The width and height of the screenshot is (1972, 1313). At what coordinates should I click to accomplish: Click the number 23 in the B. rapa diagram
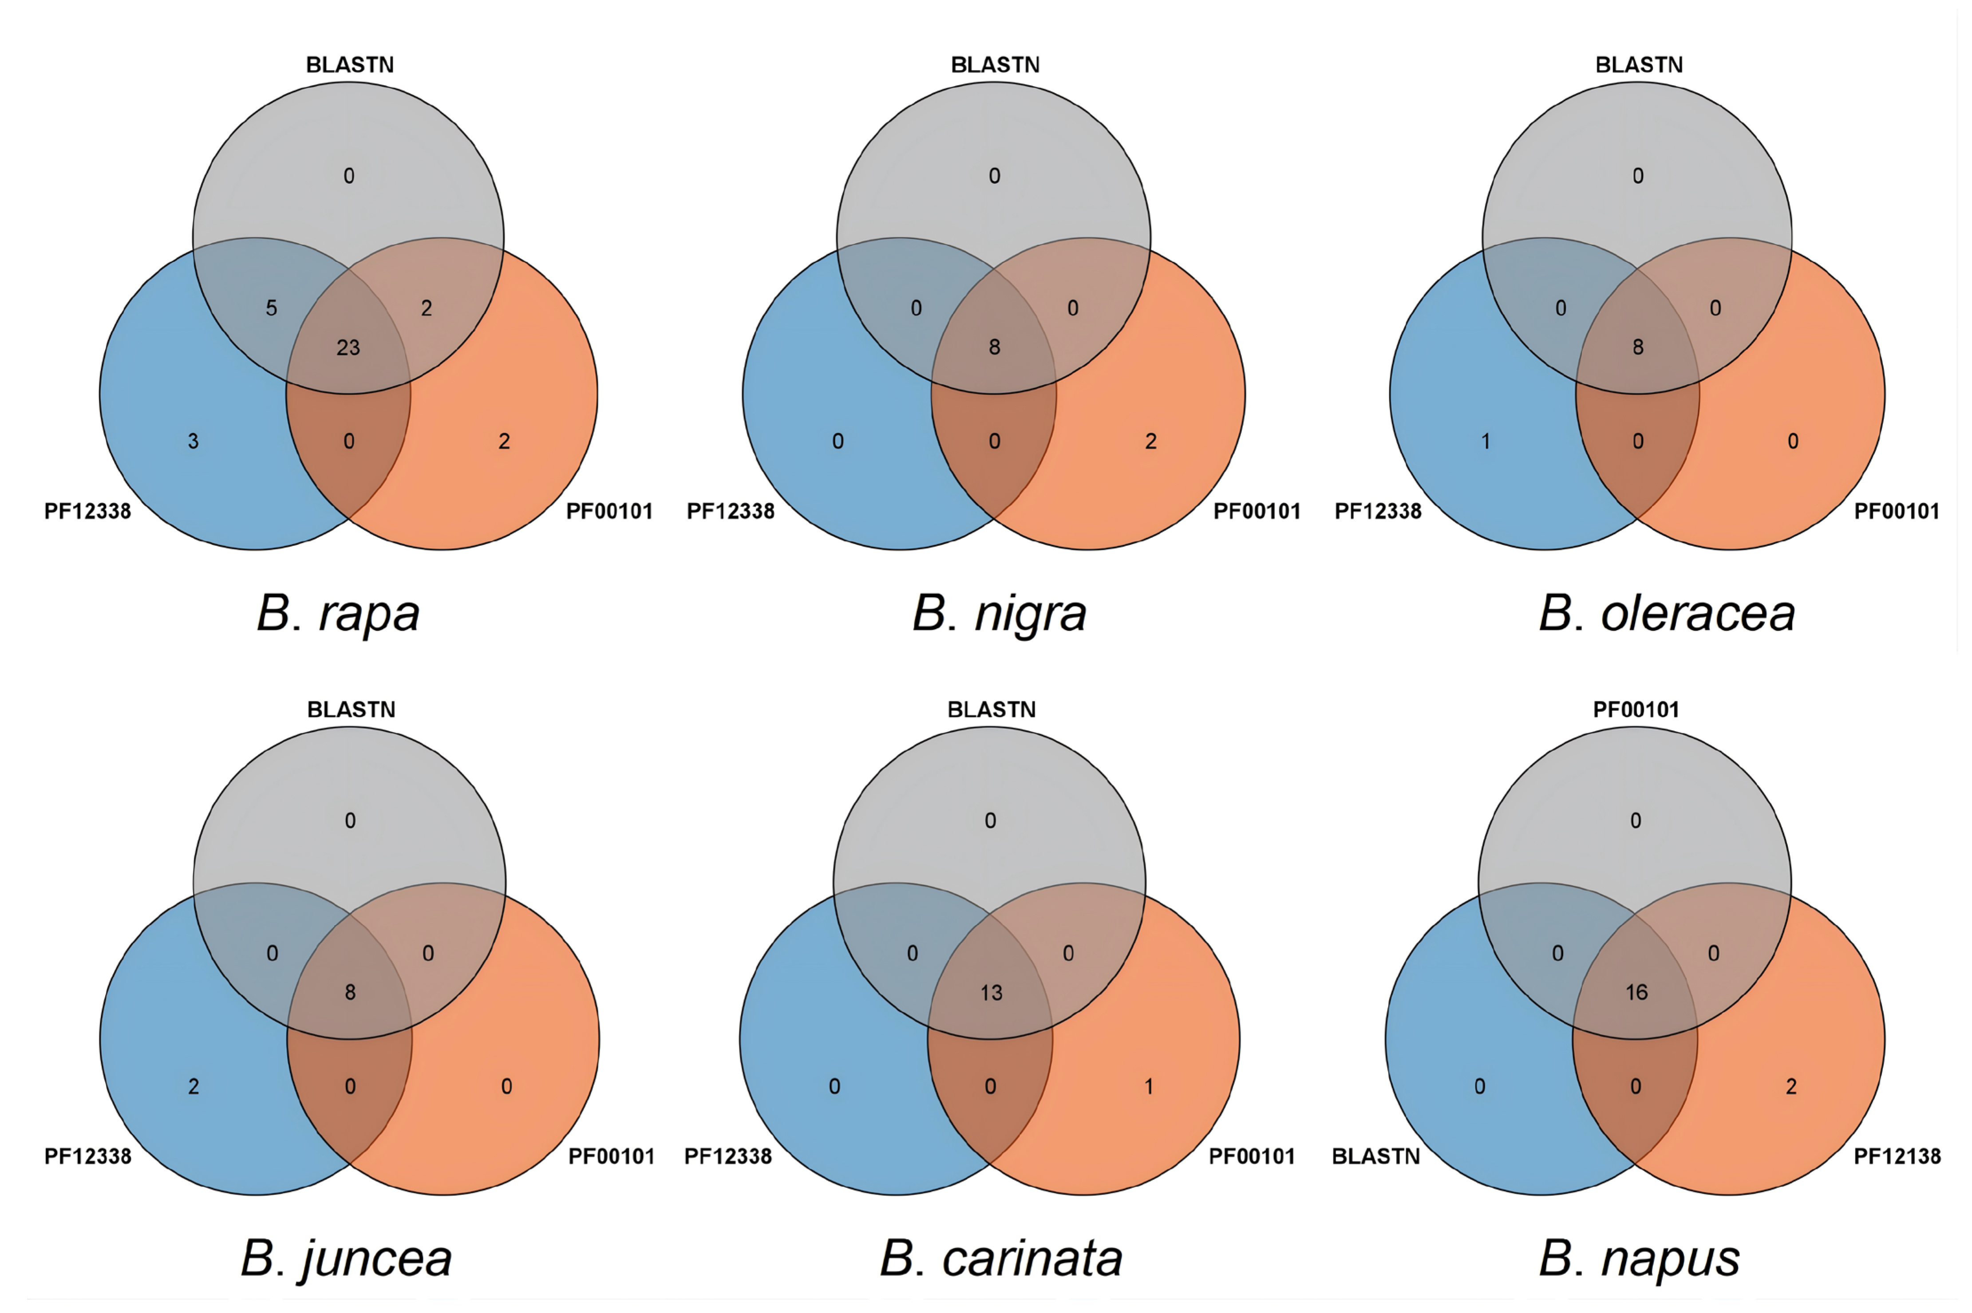click(x=348, y=347)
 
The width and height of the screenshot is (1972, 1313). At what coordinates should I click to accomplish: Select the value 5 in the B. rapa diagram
click(x=271, y=308)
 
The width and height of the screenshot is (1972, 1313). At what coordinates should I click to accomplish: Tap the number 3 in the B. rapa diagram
click(x=194, y=442)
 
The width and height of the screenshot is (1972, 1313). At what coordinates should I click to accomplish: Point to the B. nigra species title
click(x=999, y=614)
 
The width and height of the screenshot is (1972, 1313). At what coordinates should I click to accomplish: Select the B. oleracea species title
click(x=1666, y=614)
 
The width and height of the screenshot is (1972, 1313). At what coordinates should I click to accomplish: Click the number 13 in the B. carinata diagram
click(x=992, y=993)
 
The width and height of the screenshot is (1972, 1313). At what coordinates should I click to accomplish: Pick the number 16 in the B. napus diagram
click(x=1636, y=993)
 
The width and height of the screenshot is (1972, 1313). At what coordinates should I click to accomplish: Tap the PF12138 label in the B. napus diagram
click(x=1897, y=1156)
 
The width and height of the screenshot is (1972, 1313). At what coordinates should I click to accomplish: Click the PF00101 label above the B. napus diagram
click(x=1636, y=710)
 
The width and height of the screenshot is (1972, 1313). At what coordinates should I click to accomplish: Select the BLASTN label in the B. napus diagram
click(x=1376, y=1156)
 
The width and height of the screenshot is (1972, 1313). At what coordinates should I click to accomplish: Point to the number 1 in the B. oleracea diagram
click(x=1486, y=442)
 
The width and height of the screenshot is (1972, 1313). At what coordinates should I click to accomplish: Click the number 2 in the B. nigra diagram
click(x=1150, y=442)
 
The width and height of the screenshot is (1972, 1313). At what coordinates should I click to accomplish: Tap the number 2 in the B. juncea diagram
click(x=194, y=1087)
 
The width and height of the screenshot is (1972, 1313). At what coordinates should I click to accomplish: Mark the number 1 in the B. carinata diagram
click(x=1149, y=1087)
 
